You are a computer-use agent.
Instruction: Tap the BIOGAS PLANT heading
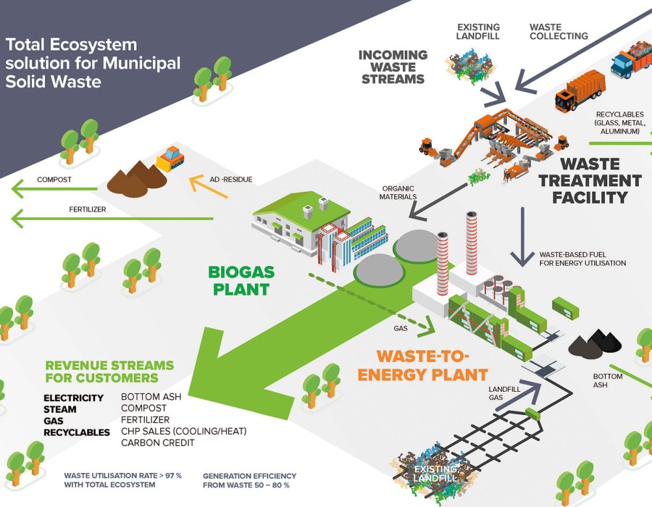tap(238, 281)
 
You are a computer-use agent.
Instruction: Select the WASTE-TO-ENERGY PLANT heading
tap(423, 365)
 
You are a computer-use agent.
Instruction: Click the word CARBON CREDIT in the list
tap(157, 443)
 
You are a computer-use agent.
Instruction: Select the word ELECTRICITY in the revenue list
tap(73, 398)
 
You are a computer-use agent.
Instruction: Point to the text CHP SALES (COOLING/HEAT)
tap(184, 431)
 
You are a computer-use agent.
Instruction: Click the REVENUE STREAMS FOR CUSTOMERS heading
tap(109, 371)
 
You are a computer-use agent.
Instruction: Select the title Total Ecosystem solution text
tap(93, 63)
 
